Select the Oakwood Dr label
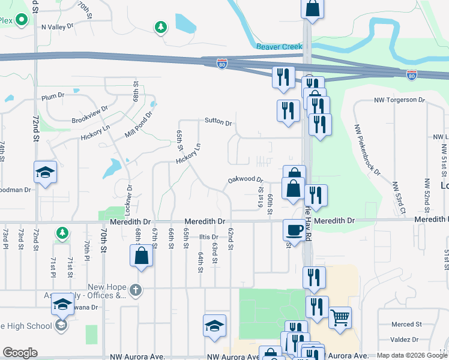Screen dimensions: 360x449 [246, 179]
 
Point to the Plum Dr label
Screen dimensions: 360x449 [53, 97]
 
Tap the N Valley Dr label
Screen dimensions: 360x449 [57, 27]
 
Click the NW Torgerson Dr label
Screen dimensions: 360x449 [399, 100]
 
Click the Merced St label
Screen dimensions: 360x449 [403, 325]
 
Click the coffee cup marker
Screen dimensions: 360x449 [294, 230]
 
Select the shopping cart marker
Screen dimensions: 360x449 [340, 317]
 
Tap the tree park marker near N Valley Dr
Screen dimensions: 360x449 [160, 27]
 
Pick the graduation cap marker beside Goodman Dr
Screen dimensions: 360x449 [45, 173]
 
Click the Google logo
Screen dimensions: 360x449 [20, 353]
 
